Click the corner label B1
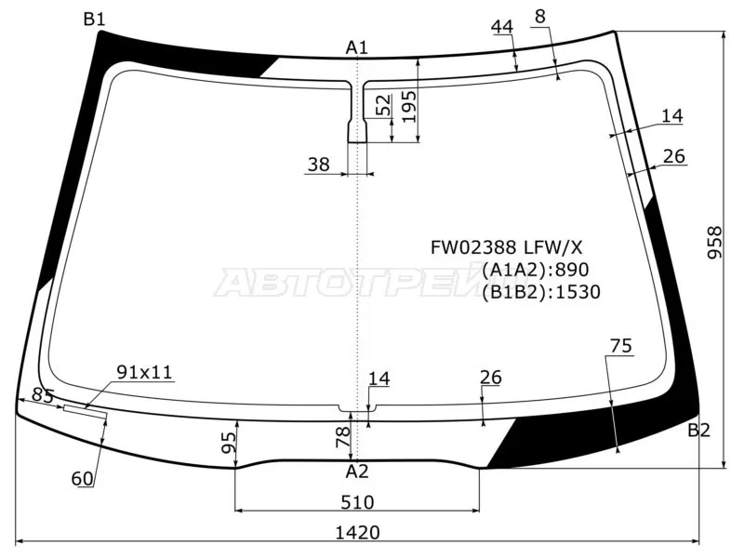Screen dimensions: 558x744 tap(94, 19)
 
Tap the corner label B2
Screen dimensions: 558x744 tap(698, 430)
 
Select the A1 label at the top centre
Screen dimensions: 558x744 tap(357, 47)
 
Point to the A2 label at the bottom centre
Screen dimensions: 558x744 tap(357, 471)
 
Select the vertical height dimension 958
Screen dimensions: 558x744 tap(714, 244)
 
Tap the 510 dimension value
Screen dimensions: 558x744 tap(357, 502)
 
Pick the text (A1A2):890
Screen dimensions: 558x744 tap(535, 270)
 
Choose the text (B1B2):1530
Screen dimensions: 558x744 tap(540, 292)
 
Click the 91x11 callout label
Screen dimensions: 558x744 tap(144, 372)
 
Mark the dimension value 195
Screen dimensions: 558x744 tap(408, 113)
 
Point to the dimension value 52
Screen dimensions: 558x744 tap(383, 106)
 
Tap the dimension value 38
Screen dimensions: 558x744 tap(318, 165)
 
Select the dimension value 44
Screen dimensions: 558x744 tap(502, 27)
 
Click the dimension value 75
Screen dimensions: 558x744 tap(621, 346)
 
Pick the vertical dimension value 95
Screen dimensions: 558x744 tap(228, 444)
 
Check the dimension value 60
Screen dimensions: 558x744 tap(82, 479)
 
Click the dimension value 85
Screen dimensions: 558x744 tap(43, 395)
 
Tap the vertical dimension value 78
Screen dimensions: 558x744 tap(342, 433)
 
